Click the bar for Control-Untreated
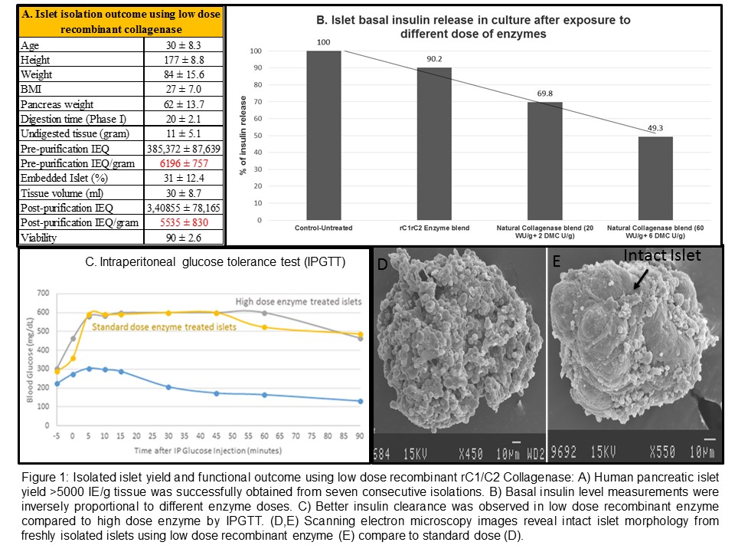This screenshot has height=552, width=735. (x=323, y=136)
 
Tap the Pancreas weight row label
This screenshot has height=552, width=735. (x=57, y=103)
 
